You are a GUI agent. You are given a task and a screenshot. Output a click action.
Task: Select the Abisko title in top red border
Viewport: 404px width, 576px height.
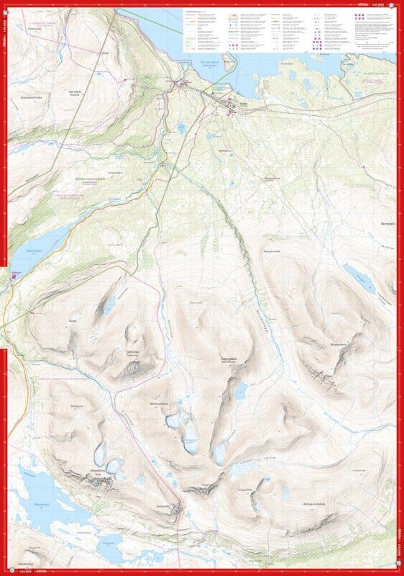coord(362,4)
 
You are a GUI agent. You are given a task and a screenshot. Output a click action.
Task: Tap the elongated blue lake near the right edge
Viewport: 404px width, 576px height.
coord(359,277)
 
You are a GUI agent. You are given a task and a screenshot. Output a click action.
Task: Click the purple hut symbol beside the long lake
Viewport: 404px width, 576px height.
coord(16,274)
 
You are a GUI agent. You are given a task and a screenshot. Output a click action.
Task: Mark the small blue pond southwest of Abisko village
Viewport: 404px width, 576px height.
coord(182,127)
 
